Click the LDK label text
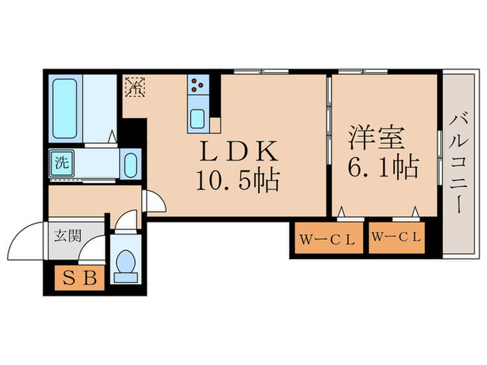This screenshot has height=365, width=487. pos(238,151)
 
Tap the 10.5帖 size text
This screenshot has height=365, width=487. pos(238,180)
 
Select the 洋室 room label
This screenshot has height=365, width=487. pos(376,138)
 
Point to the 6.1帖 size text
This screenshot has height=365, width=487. pos(383,168)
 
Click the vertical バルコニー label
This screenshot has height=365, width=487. pos(458,163)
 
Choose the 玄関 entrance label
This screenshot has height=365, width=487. pos(67,236)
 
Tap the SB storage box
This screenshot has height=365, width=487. pos(79,278)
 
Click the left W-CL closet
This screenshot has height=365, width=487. pos(328,238)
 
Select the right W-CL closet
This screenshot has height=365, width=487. pos(397,238)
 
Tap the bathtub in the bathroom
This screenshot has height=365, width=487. pos(65,108)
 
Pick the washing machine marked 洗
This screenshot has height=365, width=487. pos(61,163)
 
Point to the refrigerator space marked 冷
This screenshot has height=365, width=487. pos(136,87)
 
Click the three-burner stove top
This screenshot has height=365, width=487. pos(198,84)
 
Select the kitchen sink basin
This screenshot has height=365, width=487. pos(197,119)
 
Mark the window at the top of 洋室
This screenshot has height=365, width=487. pos(362,72)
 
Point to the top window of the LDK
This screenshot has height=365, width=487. pos(261,72)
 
